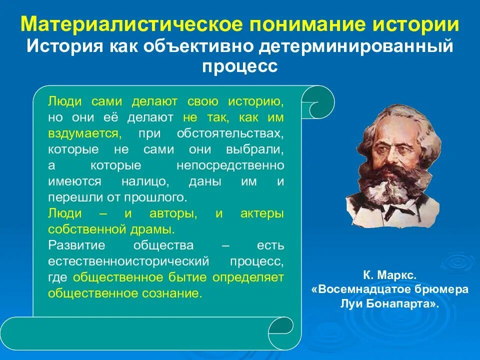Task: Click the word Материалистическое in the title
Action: [111, 25]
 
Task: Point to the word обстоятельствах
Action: [230, 134]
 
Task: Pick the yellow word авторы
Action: [172, 213]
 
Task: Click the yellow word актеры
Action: [262, 213]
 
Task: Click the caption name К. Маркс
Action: [389, 274]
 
